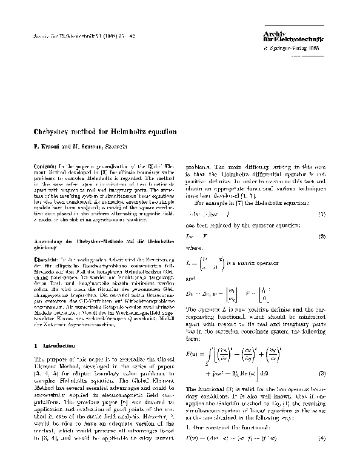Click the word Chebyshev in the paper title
click(53, 131)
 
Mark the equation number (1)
click(326, 214)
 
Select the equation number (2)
click(326, 235)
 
